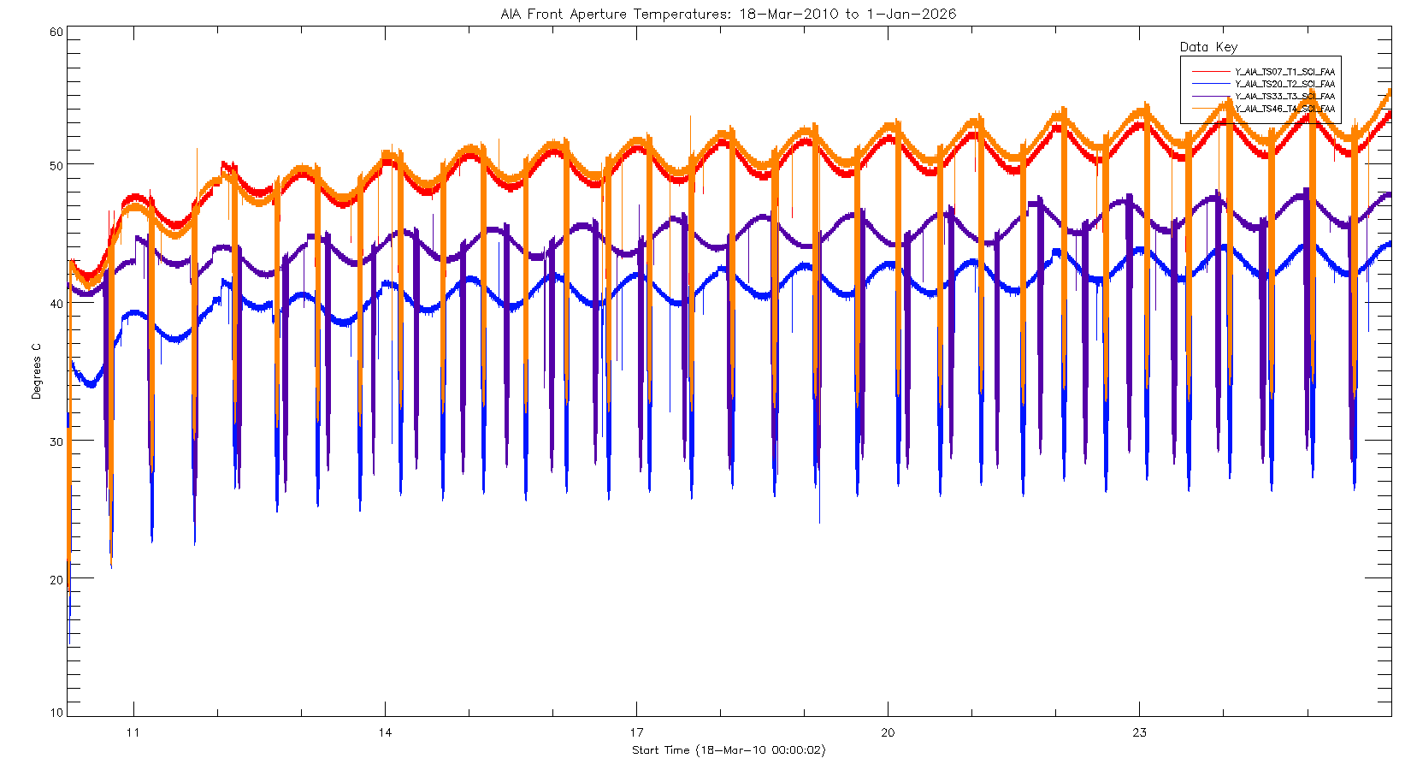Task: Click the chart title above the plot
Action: click(728, 14)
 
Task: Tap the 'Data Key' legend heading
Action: click(1208, 47)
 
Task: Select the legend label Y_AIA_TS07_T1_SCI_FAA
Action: click(1284, 72)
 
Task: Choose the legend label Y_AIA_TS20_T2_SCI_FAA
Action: click(1284, 84)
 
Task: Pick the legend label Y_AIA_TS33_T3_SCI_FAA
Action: click(1284, 97)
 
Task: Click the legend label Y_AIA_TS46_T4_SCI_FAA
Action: click(1284, 109)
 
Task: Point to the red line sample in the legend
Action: click(1209, 72)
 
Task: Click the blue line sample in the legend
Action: click(1209, 84)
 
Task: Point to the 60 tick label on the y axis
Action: click(56, 33)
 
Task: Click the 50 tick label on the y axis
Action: click(56, 165)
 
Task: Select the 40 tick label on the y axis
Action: click(56, 304)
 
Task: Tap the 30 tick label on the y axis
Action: click(56, 441)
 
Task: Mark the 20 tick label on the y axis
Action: click(56, 580)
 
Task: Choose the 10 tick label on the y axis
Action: click(56, 713)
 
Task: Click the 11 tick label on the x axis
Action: click(133, 732)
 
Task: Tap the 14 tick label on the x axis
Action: click(385, 732)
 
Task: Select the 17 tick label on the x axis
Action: click(636, 732)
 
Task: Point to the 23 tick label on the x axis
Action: click(1139, 732)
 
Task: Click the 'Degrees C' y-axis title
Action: click(36, 371)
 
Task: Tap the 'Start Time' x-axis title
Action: click(729, 750)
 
